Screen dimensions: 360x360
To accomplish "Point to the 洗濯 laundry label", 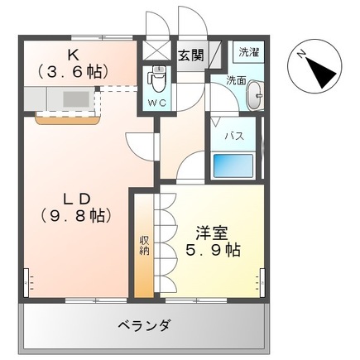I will click(248, 51).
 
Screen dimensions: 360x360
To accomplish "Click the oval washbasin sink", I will click(254, 96).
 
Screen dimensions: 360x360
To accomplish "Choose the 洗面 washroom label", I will click(236, 80).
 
